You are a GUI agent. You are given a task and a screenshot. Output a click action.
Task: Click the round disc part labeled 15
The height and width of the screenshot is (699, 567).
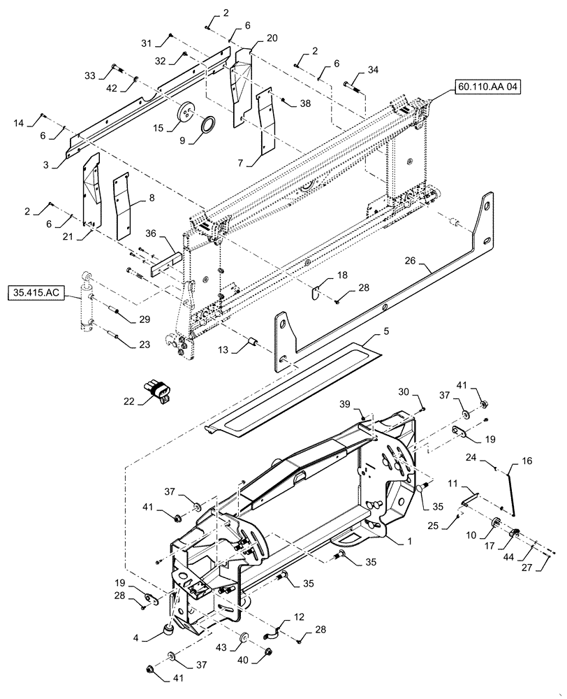pyautogui.click(x=186, y=111)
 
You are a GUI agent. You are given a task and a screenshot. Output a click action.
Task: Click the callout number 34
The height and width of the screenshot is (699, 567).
pyautogui.click(x=374, y=71)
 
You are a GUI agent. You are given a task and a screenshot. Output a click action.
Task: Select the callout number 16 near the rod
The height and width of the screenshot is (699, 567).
pyautogui.click(x=526, y=462)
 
